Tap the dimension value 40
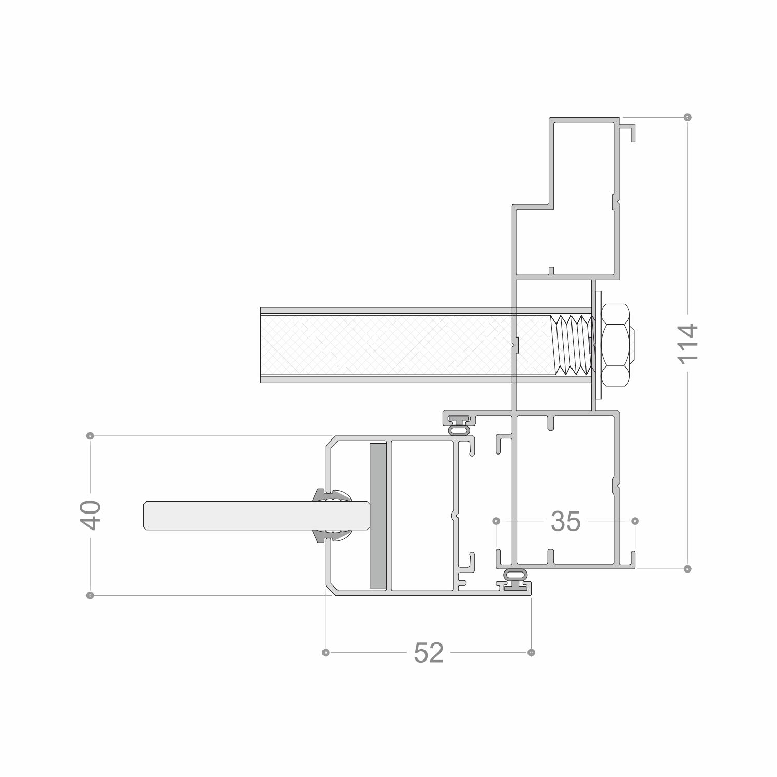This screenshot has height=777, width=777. tap(91, 515)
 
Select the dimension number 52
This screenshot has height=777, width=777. tap(429, 653)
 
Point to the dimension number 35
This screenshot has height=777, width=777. tap(566, 521)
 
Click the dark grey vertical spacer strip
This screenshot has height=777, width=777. tap(378, 516)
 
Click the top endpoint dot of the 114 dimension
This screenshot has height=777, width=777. tap(687, 117)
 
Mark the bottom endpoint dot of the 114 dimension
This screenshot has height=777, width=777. tap(687, 569)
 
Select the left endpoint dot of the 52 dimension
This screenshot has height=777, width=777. tap(326, 652)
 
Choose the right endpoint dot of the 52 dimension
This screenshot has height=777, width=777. tap(531, 652)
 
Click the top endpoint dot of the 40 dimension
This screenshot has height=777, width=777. tap(91, 436)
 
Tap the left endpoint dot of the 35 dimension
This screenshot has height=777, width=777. tap(496, 520)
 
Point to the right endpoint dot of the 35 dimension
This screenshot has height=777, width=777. tap(635, 520)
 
